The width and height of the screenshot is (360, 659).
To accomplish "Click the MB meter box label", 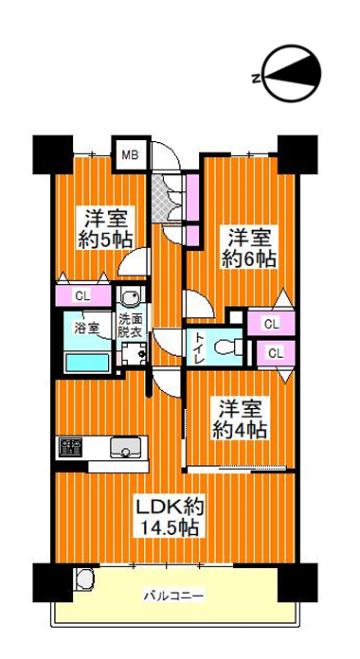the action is [131, 155].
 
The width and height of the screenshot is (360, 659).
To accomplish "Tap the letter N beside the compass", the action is [255, 79].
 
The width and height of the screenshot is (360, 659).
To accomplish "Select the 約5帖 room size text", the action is [106, 240].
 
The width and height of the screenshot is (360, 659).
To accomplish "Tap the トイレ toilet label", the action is [199, 348].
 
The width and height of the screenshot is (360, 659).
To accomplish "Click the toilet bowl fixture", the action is [228, 347].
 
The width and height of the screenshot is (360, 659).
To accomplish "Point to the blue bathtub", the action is [87, 363].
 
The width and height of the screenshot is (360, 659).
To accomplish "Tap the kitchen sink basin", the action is [125, 448].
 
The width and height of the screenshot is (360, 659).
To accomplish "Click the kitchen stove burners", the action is [70, 448].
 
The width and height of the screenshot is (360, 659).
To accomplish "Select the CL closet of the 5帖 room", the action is [82, 295].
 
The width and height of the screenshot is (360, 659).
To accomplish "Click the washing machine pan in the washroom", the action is [135, 352].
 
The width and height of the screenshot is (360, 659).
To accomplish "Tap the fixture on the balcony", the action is [85, 580].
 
